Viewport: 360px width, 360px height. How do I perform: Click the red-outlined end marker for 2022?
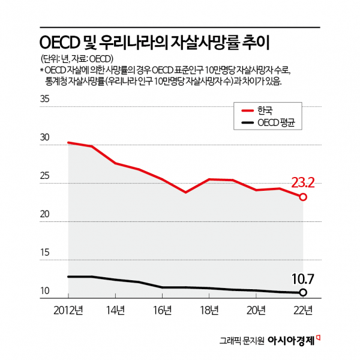304,197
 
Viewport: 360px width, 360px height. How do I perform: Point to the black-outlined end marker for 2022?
304,293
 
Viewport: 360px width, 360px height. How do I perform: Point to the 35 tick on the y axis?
45,100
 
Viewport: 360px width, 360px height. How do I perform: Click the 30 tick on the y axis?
45,137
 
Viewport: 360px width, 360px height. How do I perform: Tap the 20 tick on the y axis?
45,214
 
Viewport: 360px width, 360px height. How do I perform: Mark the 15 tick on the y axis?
45,253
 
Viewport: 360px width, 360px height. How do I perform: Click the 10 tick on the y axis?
45,292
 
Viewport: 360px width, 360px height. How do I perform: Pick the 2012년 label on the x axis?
68,310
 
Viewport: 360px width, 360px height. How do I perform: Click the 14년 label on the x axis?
115,310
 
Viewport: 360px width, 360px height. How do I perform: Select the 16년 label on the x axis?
162,310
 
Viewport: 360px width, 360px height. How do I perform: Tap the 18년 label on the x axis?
209,310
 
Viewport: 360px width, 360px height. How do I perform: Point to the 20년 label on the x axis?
256,310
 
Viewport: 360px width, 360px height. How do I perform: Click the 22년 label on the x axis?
303,310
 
